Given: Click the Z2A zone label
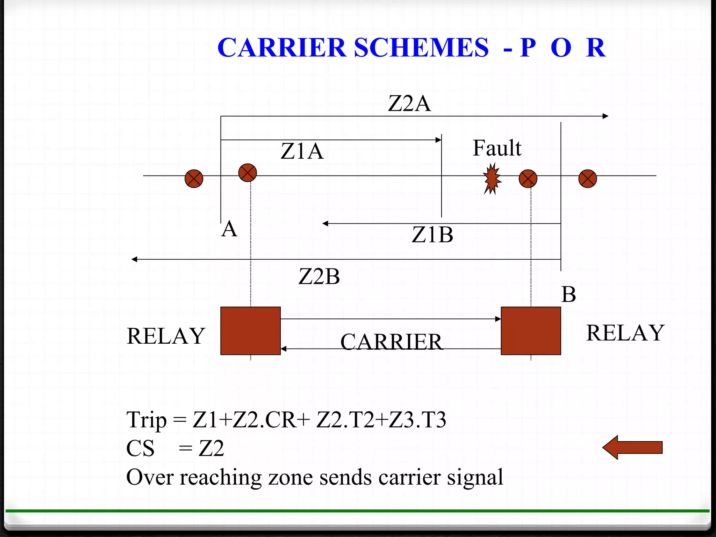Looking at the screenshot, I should pyautogui.click(x=409, y=103).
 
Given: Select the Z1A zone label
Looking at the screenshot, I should pyautogui.click(x=302, y=151).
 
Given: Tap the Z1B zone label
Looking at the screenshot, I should pyautogui.click(x=432, y=235).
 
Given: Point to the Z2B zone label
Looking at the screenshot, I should pyautogui.click(x=319, y=277).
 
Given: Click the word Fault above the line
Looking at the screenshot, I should pyautogui.click(x=497, y=148).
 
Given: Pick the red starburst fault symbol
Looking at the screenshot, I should pyautogui.click(x=492, y=179).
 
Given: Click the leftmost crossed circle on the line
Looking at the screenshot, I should pyautogui.click(x=194, y=179).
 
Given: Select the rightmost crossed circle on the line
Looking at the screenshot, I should pyautogui.click(x=588, y=179).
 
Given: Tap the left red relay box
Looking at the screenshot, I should pyautogui.click(x=250, y=331).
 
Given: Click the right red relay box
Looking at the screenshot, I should pyautogui.click(x=531, y=331).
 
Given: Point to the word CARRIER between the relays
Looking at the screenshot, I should pyautogui.click(x=391, y=342).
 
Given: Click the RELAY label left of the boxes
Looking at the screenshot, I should pyautogui.click(x=166, y=336).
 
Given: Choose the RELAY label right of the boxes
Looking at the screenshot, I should pyautogui.click(x=625, y=333).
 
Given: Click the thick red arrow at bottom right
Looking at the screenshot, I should pyautogui.click(x=633, y=447).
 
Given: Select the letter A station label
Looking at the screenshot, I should pyautogui.click(x=229, y=229).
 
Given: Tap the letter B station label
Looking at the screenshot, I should pyautogui.click(x=568, y=294).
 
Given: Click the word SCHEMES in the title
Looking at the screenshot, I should pyautogui.click(x=421, y=48).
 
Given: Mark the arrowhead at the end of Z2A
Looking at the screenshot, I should pyautogui.click(x=606, y=116).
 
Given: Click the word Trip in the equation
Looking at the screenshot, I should pyautogui.click(x=146, y=420).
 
